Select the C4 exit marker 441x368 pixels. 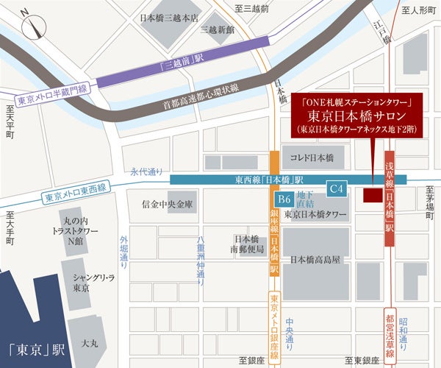(336, 189)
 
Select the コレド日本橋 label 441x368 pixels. (312, 158)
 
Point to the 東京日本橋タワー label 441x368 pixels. (315, 215)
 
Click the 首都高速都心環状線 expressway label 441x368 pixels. (204, 96)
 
